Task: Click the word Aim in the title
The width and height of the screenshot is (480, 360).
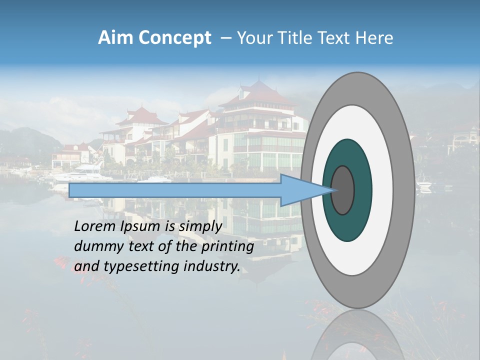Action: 115,38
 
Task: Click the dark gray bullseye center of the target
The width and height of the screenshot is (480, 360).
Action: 343,190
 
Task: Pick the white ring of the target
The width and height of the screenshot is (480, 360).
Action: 380,190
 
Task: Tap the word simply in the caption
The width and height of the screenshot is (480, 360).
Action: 200,226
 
